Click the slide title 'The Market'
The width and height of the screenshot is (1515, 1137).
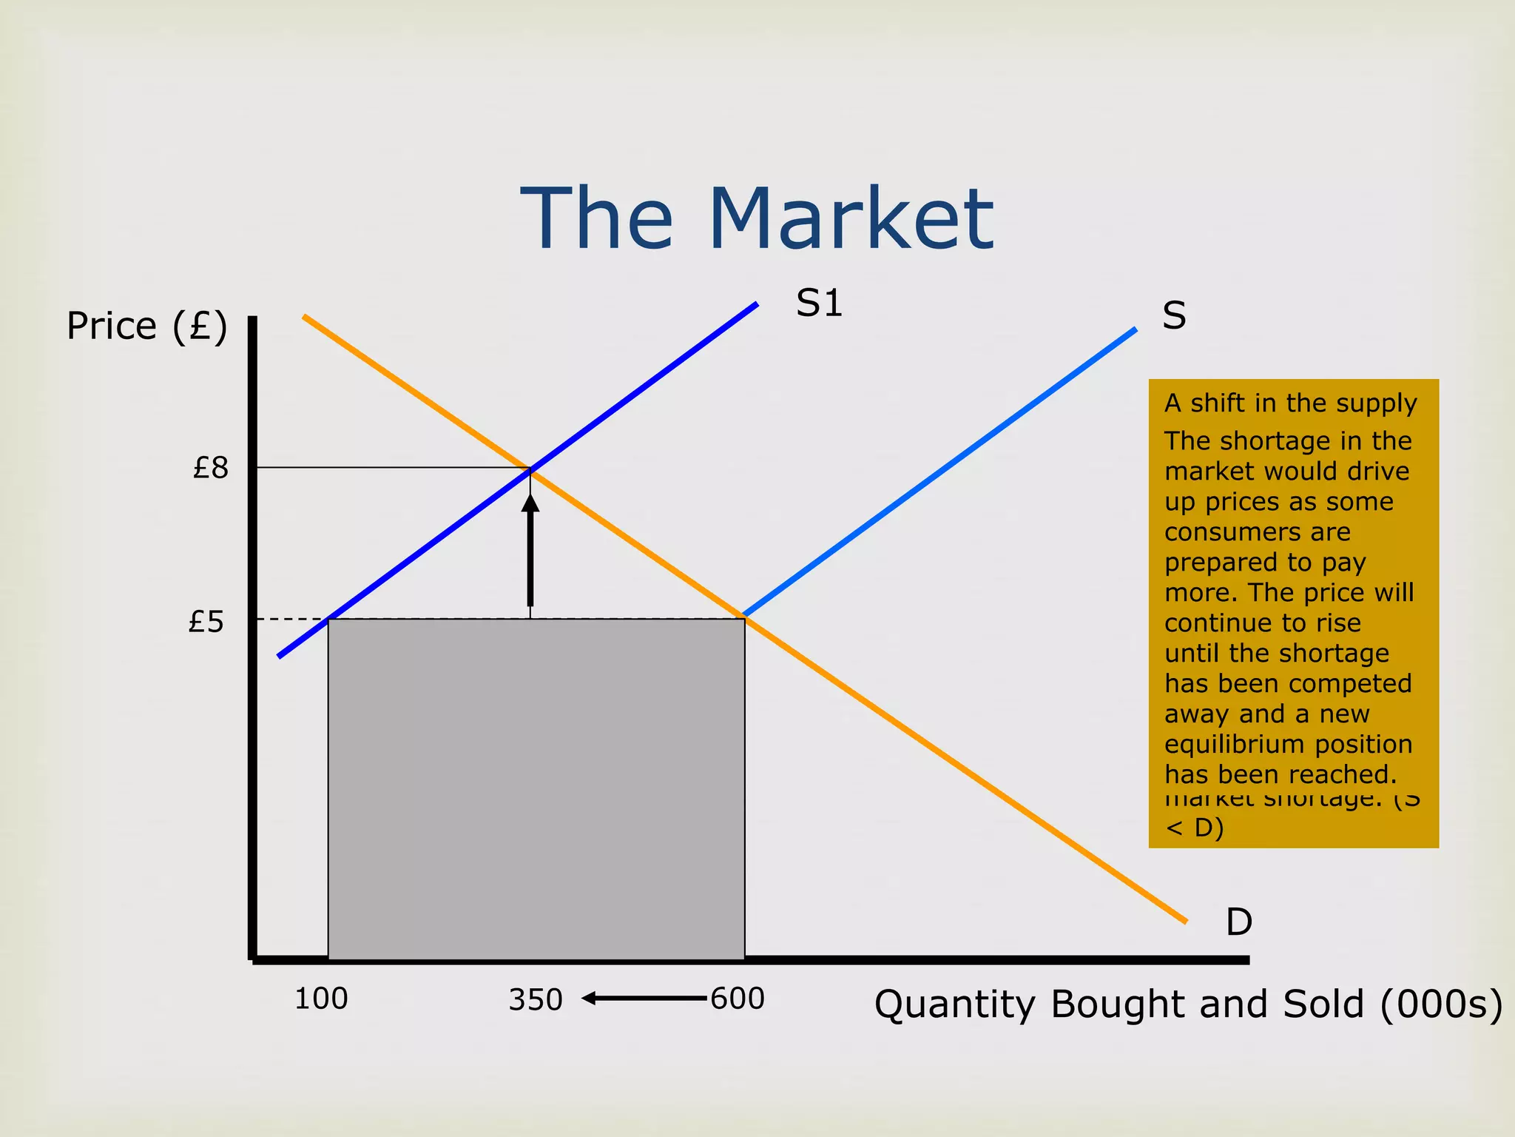tap(757, 219)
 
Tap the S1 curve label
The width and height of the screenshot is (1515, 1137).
tap(819, 303)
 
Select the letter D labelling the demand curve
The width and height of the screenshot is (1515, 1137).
tap(1239, 922)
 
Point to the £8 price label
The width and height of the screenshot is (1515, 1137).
tap(211, 468)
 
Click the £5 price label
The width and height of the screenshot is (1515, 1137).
tap(206, 622)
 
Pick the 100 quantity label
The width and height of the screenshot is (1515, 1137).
tap(321, 999)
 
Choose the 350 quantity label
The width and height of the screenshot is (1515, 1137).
tap(536, 1001)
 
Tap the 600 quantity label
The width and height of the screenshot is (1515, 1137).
tap(738, 999)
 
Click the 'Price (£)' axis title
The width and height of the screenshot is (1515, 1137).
tap(146, 326)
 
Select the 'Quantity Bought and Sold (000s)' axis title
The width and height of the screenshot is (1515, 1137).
tap(1188, 1005)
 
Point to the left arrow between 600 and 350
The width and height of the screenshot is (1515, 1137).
tap(644, 999)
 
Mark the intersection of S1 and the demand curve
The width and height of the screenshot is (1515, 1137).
tap(530, 469)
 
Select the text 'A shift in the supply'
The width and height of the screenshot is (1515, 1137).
tap(1290, 403)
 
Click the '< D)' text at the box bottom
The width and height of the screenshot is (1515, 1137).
tap(1194, 828)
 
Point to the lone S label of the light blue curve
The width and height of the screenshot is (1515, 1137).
tap(1174, 316)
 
